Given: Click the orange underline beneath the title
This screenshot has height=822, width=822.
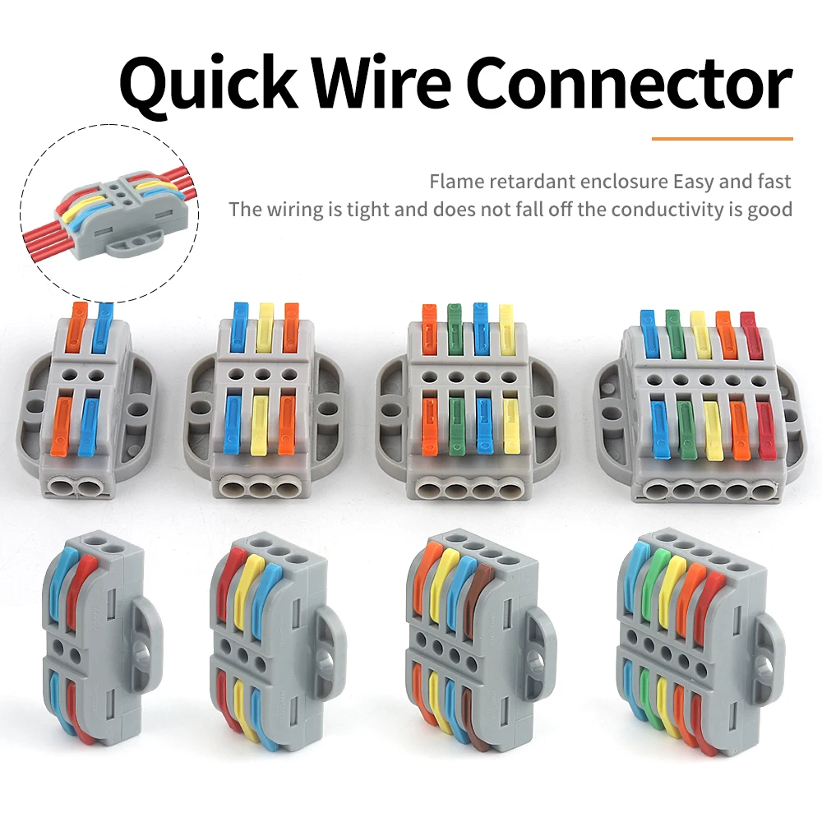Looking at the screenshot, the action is tap(722, 139).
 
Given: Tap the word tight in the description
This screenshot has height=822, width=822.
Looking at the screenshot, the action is tap(368, 210).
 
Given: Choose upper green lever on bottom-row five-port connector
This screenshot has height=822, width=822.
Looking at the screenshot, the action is tap(656, 580).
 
